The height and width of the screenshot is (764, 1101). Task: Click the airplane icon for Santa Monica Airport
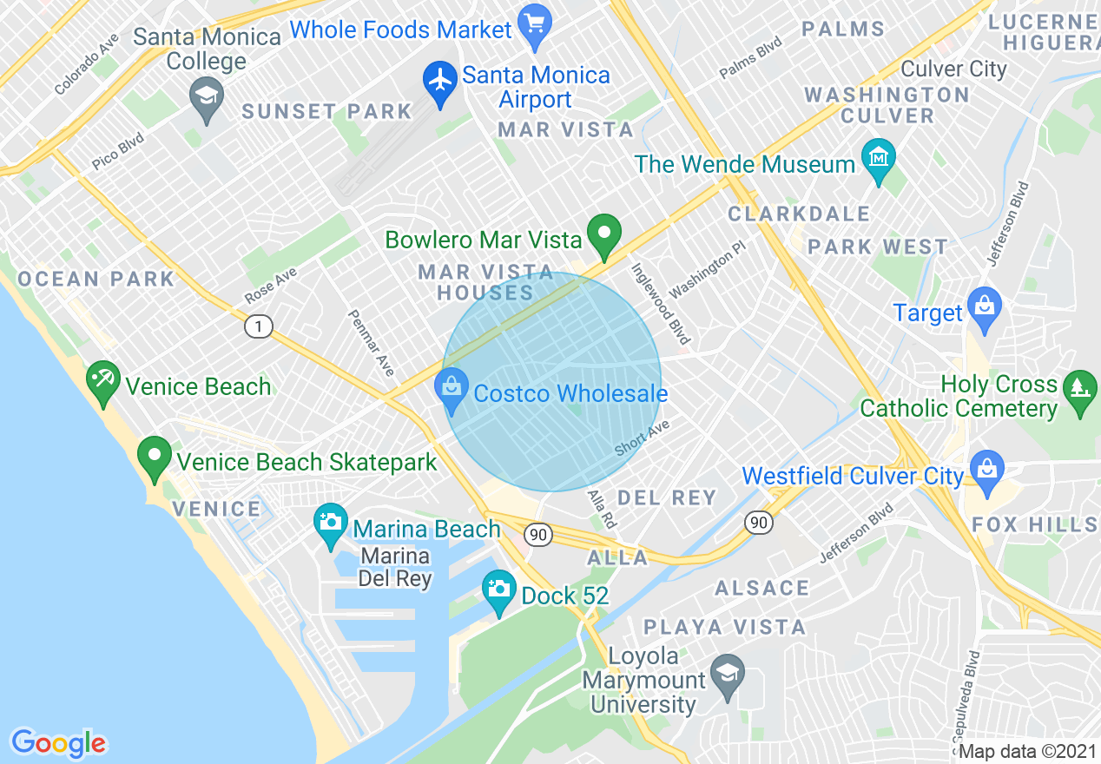441,81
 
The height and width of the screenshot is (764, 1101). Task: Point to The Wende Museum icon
879,160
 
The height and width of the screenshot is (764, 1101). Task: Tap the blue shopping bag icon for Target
985,308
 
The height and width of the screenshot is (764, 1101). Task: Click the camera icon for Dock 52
498,590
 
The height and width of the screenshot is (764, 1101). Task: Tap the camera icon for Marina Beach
330,524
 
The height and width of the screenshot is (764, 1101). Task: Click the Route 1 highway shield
258,326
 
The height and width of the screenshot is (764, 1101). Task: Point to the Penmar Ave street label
372,343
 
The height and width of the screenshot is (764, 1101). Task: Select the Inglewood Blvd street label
661,304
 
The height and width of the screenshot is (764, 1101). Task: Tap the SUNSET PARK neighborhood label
326,111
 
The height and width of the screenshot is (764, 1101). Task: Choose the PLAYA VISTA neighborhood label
724,627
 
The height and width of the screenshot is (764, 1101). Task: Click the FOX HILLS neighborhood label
1035,524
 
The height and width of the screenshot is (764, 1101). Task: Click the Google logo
58,743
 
